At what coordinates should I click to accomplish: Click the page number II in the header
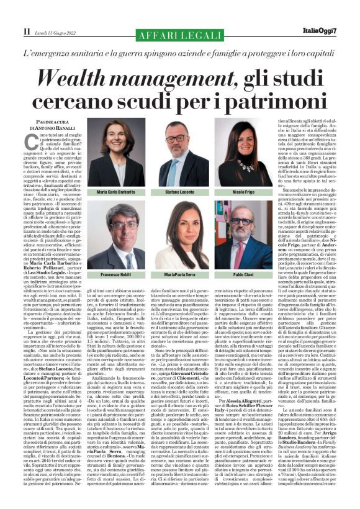25,31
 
